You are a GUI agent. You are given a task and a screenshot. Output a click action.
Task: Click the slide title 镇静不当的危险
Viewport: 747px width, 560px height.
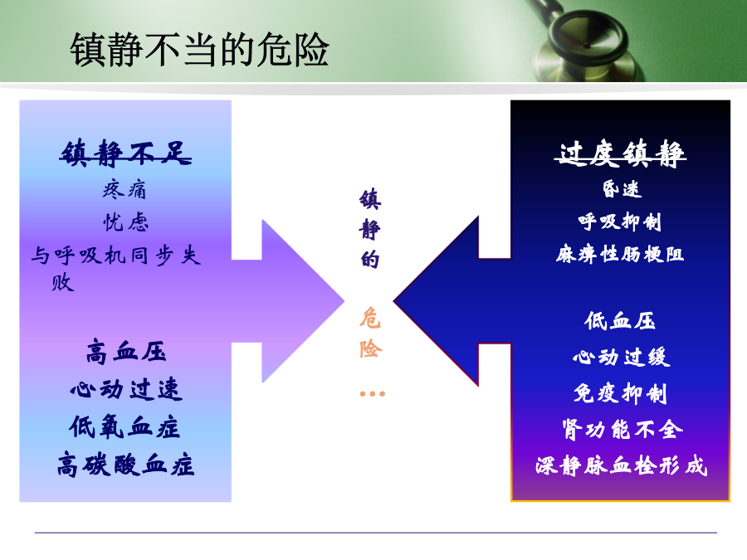(199, 50)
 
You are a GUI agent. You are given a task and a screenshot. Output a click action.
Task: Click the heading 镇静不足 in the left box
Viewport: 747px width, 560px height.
(126, 153)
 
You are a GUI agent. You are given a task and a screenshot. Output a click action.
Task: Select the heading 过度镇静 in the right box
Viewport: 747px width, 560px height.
(620, 153)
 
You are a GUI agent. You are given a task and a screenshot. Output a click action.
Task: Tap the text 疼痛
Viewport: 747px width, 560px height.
(124, 189)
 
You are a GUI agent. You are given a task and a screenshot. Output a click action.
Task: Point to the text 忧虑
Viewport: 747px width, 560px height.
(126, 222)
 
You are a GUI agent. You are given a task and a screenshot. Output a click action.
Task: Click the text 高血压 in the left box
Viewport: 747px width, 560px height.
(126, 352)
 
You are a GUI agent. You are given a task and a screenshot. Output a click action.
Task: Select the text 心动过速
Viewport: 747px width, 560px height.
(126, 389)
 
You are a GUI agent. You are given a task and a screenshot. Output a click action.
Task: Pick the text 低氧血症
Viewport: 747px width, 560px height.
(124, 426)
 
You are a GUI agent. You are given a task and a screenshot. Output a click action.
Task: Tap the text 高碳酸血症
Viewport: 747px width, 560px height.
(126, 465)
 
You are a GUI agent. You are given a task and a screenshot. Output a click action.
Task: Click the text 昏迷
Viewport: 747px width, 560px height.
(622, 189)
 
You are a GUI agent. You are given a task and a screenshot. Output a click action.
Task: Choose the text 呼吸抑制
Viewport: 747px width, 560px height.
(620, 222)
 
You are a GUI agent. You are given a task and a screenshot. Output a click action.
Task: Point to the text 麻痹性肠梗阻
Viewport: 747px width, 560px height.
(620, 255)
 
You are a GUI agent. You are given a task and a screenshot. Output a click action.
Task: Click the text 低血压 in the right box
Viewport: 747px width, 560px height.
(620, 320)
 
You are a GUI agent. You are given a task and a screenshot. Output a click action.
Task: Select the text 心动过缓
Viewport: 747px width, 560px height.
(622, 357)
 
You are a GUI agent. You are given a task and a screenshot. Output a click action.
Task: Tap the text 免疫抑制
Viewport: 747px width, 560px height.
(620, 393)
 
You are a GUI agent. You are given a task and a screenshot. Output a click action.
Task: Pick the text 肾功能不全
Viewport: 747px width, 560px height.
(622, 430)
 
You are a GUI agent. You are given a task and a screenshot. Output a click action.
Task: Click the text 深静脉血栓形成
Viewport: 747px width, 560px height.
(622, 465)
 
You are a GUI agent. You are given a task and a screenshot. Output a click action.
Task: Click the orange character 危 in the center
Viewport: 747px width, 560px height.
(370, 318)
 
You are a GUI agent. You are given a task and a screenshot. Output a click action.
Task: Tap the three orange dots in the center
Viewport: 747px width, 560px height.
(373, 394)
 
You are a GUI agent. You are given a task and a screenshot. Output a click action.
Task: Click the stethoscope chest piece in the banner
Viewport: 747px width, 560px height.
(587, 46)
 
